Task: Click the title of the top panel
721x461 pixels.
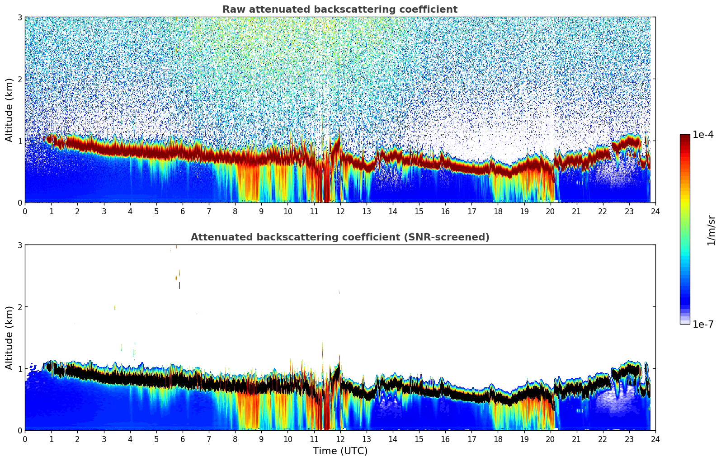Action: pyautogui.click(x=339, y=9)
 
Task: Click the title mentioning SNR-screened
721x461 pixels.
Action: pyautogui.click(x=339, y=237)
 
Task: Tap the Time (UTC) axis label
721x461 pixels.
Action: pyautogui.click(x=340, y=451)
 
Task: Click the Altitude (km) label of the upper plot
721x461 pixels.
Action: pyautogui.click(x=9, y=110)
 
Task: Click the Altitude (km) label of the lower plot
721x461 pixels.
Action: pyautogui.click(x=9, y=338)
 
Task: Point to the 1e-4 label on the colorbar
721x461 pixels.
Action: pyautogui.click(x=703, y=135)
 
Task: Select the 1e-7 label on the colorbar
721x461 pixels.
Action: pyautogui.click(x=703, y=324)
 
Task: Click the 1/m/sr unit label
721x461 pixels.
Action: pyautogui.click(x=711, y=230)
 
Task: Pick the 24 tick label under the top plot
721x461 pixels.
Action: pyautogui.click(x=655, y=212)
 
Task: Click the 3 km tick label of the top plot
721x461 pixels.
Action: pyautogui.click(x=20, y=17)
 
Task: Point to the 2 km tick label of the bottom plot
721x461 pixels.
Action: pyautogui.click(x=20, y=307)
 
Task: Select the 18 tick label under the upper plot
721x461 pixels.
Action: pyautogui.click(x=498, y=212)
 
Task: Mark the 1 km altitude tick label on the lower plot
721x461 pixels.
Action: pyautogui.click(x=20, y=369)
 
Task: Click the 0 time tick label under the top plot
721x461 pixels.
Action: pyautogui.click(x=25, y=212)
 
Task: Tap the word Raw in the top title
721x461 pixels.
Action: pyautogui.click(x=232, y=9)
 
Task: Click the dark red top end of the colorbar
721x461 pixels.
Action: pyautogui.click(x=684, y=136)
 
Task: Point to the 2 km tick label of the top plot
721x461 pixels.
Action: pyautogui.click(x=20, y=79)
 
